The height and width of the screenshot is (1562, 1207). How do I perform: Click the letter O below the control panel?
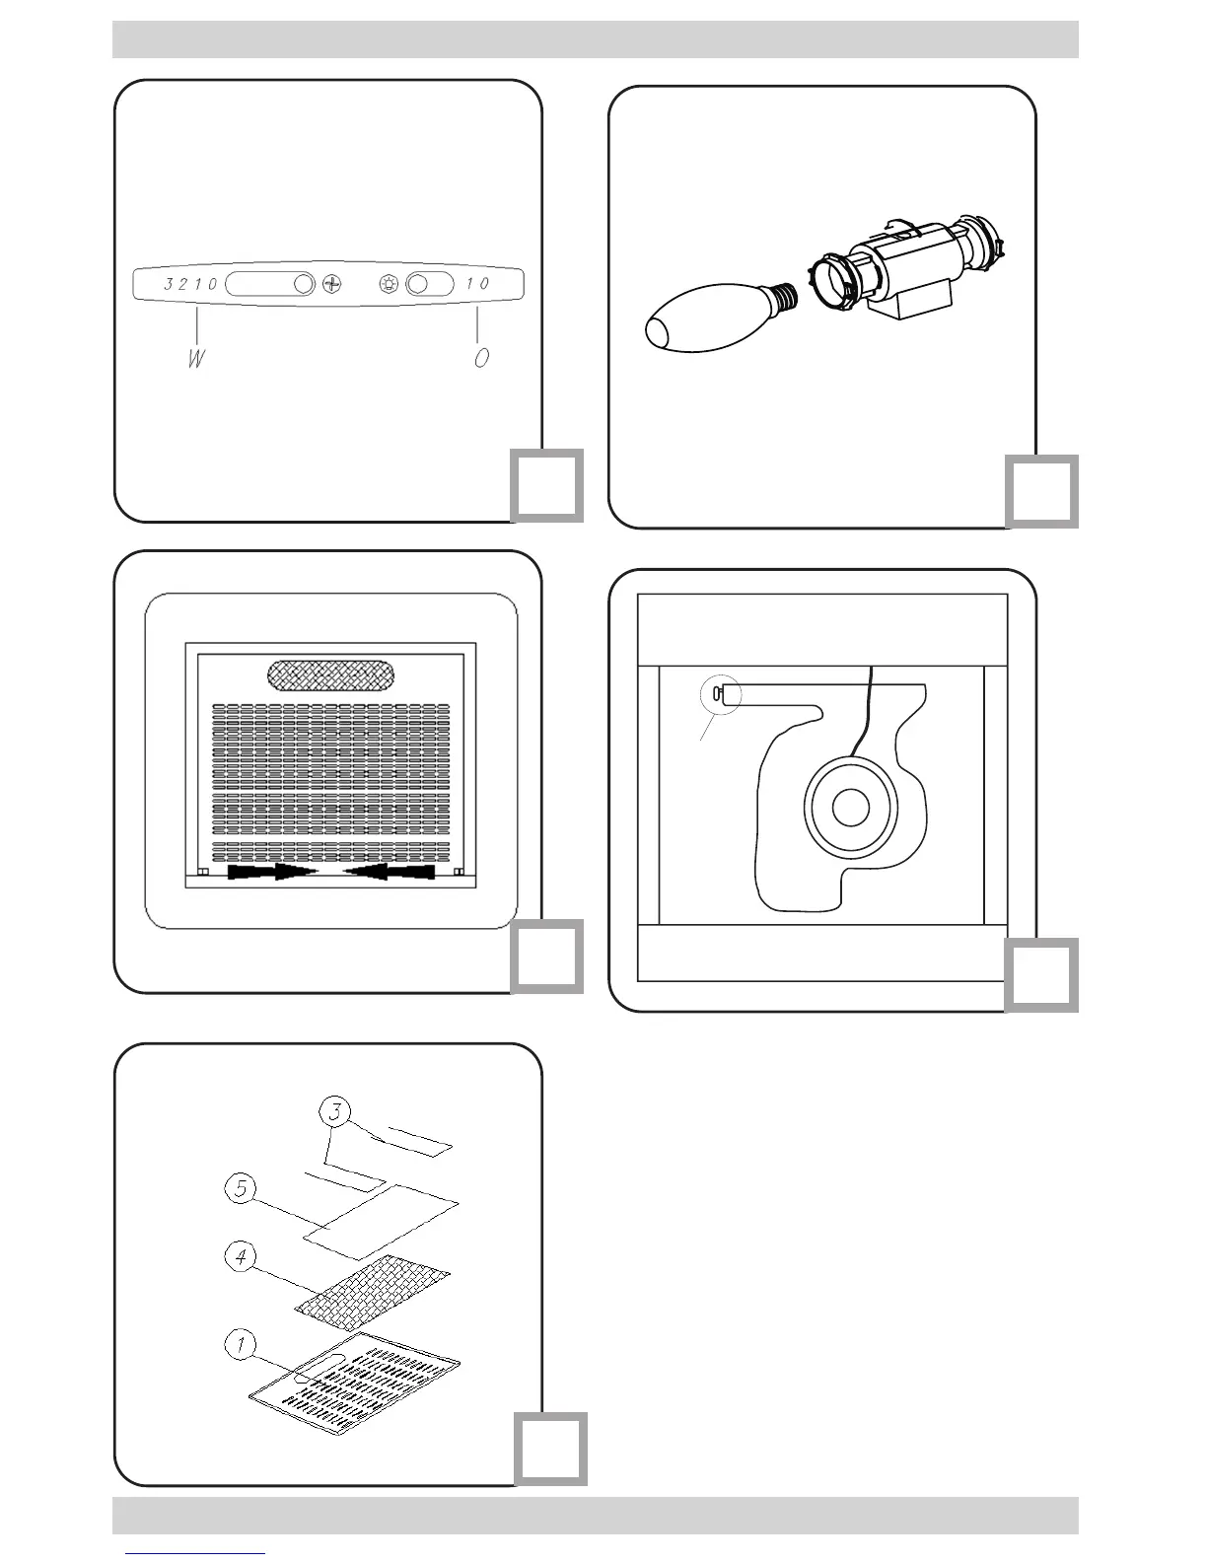point(481,358)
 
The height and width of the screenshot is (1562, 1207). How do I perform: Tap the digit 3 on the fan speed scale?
point(170,284)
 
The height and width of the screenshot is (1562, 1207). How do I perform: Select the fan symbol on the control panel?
point(333,284)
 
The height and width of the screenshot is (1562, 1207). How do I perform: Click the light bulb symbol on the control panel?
point(390,284)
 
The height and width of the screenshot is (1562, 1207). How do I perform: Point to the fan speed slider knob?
point(304,284)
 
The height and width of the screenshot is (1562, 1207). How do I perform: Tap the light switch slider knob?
point(417,284)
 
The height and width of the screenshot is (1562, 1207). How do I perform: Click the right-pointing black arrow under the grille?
point(271,873)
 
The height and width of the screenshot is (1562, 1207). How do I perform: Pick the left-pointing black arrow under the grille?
point(389,873)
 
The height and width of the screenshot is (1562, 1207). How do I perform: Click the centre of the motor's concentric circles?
point(849,809)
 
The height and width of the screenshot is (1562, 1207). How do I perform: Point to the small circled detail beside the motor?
point(719,695)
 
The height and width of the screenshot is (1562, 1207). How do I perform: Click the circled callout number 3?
point(336,1112)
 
